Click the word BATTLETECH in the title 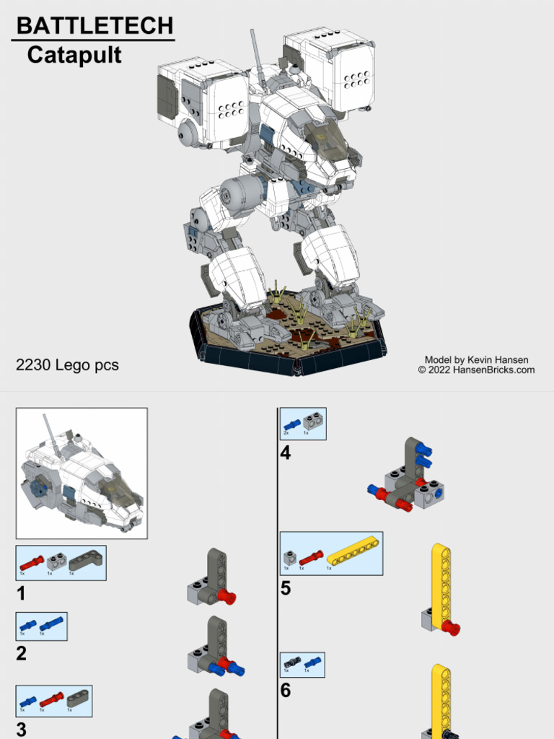click(x=94, y=27)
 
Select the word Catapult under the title click(x=74, y=56)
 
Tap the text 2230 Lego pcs click(x=67, y=365)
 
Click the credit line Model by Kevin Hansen click(x=476, y=359)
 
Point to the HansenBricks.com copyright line click(x=476, y=370)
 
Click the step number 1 click(x=22, y=594)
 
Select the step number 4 click(x=286, y=454)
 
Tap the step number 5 click(x=286, y=588)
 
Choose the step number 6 click(x=286, y=691)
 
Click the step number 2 click(x=22, y=654)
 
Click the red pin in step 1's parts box click(x=31, y=562)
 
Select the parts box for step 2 click(x=41, y=626)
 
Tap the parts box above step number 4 click(x=303, y=424)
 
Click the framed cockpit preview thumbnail click(x=82, y=473)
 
